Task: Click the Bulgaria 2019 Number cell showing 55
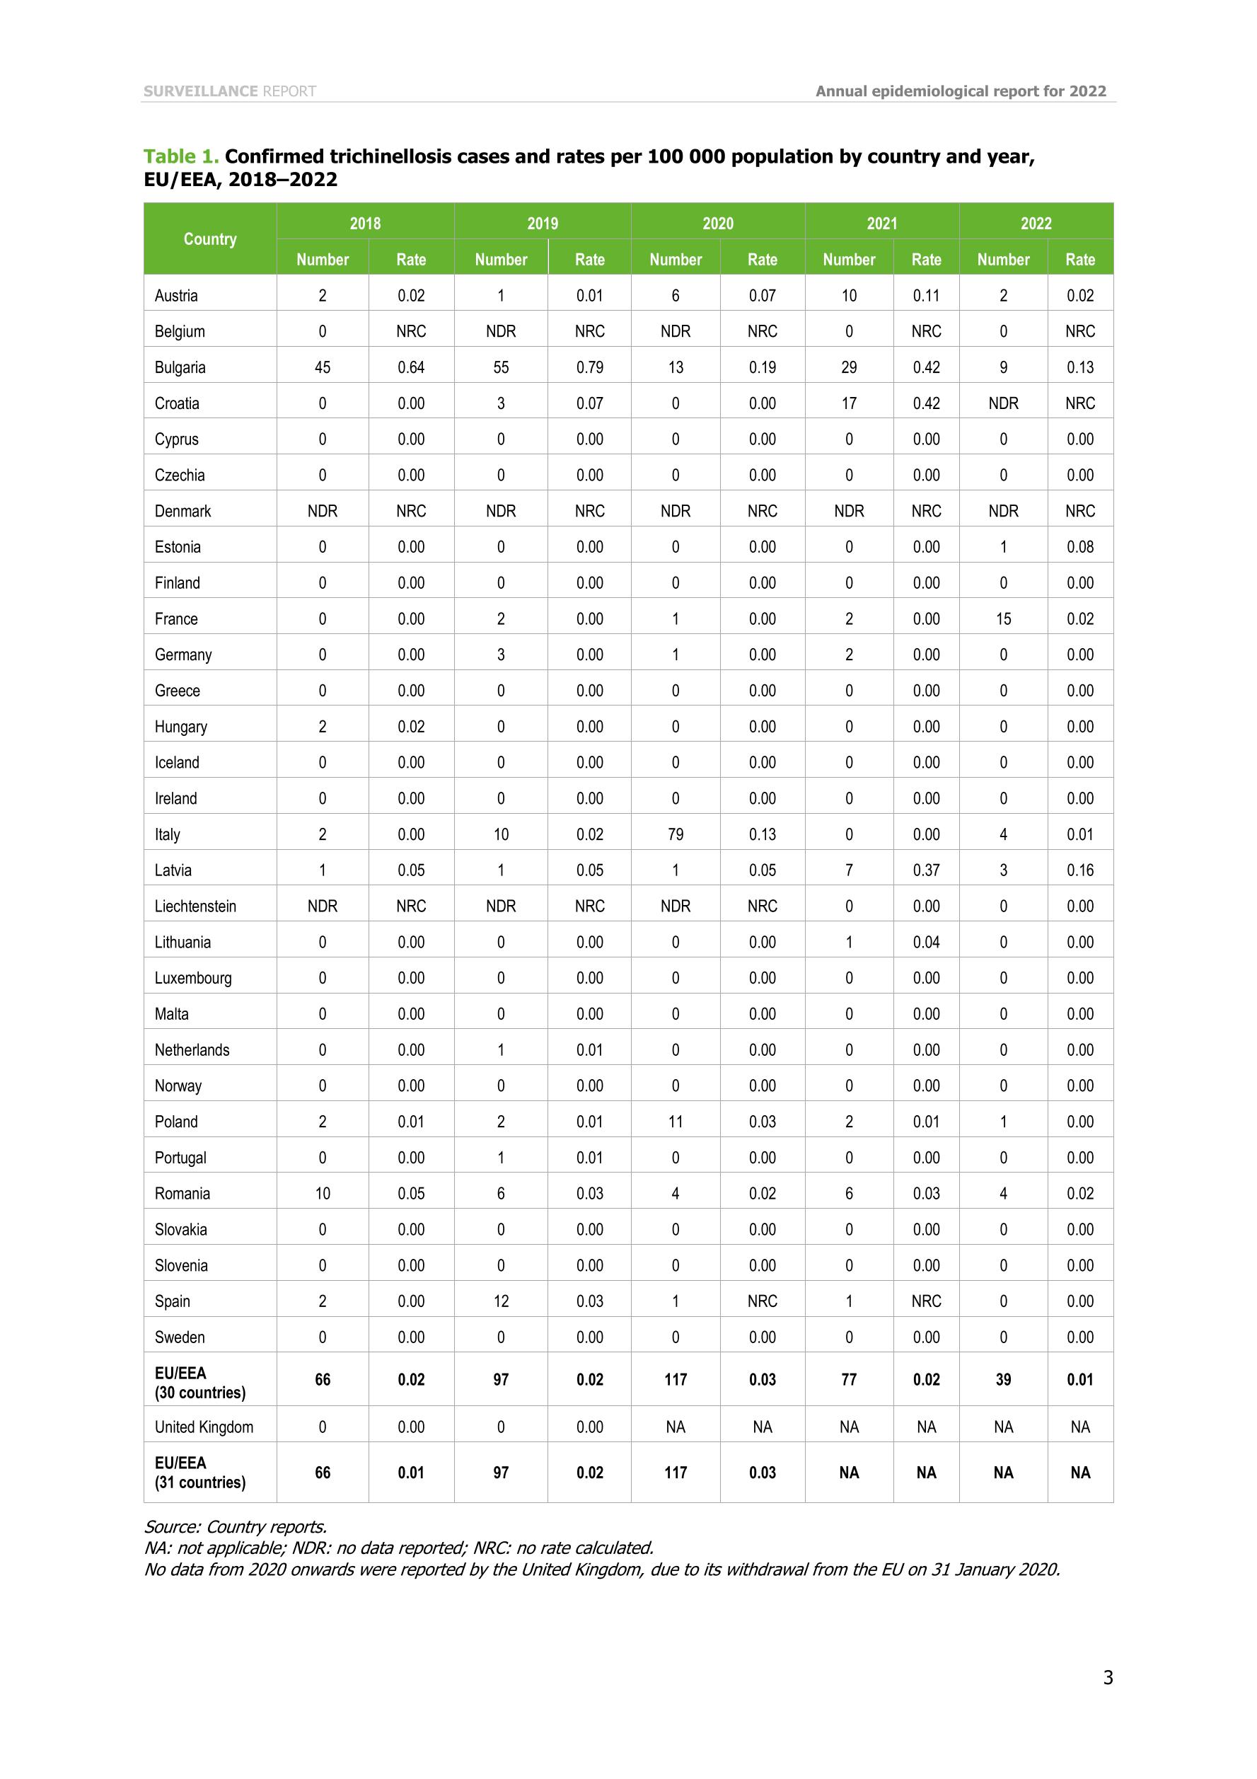500,367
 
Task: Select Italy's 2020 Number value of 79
676,834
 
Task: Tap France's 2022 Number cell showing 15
1003,619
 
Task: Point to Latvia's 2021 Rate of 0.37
925,870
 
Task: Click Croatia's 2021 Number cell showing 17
849,403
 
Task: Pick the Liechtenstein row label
195,906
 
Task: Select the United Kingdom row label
204,1427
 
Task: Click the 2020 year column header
717,223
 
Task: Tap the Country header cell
210,238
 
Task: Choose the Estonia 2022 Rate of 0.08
1079,547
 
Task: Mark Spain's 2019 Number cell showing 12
500,1301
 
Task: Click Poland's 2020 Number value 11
676,1121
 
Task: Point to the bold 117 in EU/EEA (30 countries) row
676,1380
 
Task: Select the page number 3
1108,1678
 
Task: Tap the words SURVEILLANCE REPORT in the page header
229,91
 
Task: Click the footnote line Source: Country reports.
236,1526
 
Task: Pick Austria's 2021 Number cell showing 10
849,295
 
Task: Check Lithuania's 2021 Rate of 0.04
925,942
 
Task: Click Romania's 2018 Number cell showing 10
322,1193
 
